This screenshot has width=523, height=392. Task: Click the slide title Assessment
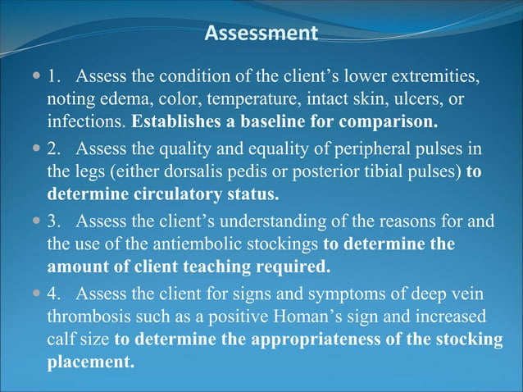[261, 34]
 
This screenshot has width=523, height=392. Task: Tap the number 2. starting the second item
[53, 149]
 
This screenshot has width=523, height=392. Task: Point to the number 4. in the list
[53, 293]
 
